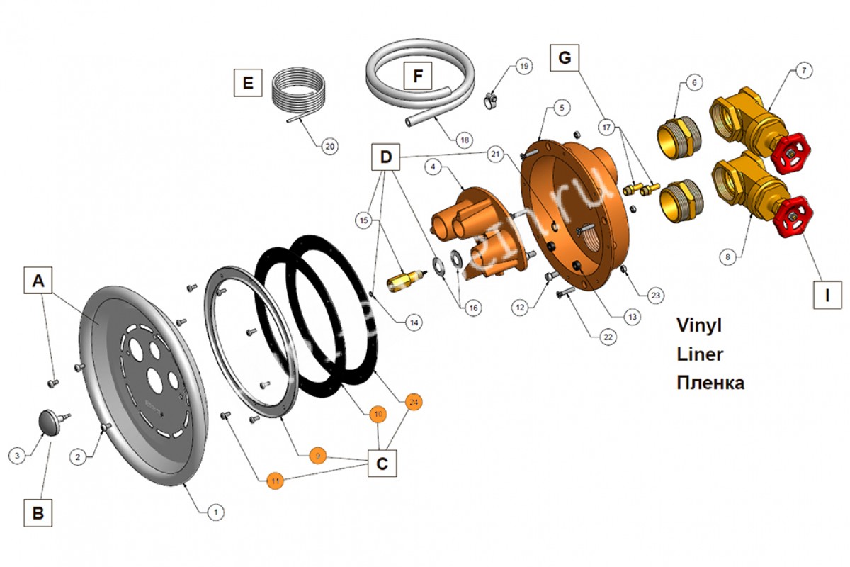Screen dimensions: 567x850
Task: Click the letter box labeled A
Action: click(39, 281)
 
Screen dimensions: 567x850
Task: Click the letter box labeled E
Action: click(248, 83)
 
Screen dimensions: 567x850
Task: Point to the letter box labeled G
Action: click(565, 58)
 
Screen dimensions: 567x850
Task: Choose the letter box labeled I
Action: click(827, 293)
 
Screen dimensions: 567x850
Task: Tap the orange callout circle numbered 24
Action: click(414, 402)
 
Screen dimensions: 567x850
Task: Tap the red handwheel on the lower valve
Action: click(795, 221)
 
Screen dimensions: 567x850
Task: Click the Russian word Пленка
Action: click(710, 383)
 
